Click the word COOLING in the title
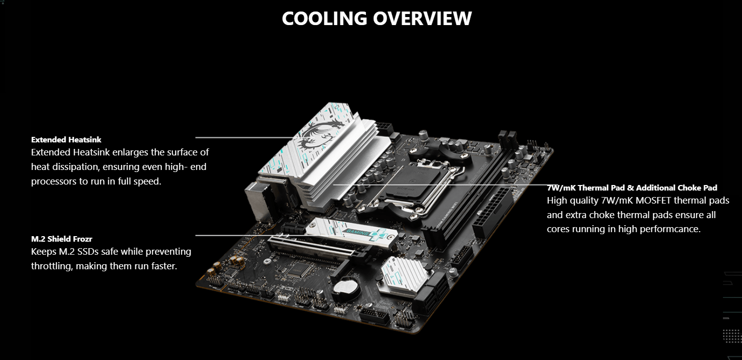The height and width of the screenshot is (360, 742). coord(324,18)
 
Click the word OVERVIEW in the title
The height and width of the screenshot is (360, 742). coord(422,18)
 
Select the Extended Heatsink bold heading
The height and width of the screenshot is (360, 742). coord(66,140)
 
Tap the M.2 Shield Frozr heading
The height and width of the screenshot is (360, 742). coord(62,239)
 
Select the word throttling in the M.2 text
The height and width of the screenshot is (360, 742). coord(52,266)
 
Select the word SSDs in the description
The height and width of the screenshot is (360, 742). coord(88,252)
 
